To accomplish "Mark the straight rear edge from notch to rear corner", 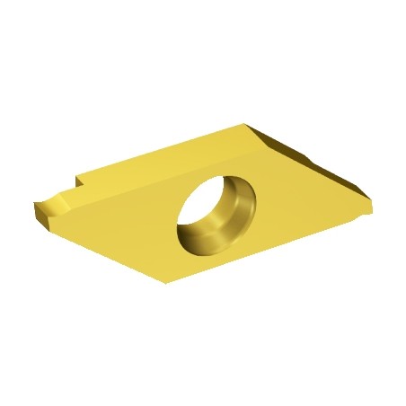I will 162,149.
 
